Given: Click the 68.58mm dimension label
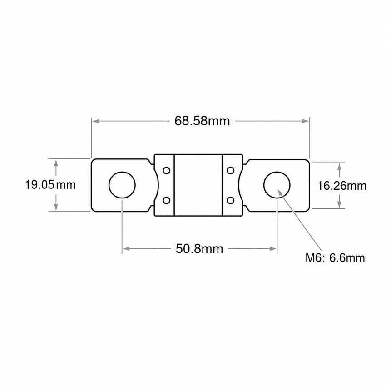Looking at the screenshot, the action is pyautogui.click(x=202, y=121).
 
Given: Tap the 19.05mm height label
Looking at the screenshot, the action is pyautogui.click(x=50, y=185).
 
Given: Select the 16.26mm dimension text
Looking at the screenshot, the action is pyautogui.click(x=341, y=186).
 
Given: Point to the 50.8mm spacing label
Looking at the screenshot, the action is pyautogui.click(x=199, y=249).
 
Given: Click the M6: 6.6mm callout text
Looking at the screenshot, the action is pyautogui.click(x=335, y=258).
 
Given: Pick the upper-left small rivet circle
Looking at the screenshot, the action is pyautogui.click(x=167, y=170).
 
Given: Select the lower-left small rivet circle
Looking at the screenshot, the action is pyautogui.click(x=167, y=200).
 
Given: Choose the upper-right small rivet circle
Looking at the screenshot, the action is pyautogui.click(x=230, y=170).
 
